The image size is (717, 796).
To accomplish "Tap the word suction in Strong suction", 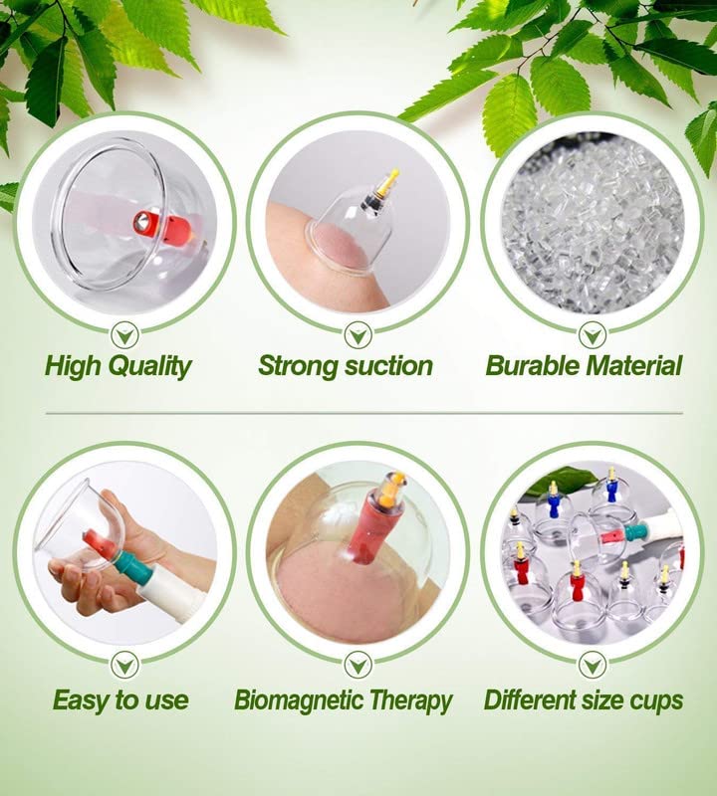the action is [x=387, y=365].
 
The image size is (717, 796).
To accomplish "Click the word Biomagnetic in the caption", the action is [x=299, y=700].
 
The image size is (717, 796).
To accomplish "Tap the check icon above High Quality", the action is [x=125, y=335].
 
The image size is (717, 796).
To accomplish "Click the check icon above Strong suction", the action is [x=358, y=335].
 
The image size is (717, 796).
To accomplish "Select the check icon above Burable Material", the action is [x=593, y=335].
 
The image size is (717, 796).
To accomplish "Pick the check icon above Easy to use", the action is [x=125, y=665].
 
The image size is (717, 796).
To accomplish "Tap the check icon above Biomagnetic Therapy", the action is [x=358, y=665].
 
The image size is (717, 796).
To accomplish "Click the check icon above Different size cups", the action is [x=593, y=665].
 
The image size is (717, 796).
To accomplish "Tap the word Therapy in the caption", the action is [x=410, y=701].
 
